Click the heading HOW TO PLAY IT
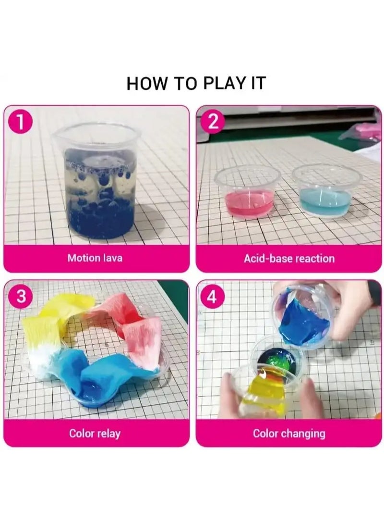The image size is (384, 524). pos(196,83)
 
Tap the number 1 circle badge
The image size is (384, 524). pos(21,123)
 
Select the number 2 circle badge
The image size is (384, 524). pos(213,122)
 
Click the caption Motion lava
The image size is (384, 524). pos(95,258)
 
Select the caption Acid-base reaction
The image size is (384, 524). pos(289,258)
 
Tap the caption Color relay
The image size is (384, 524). pos(95,434)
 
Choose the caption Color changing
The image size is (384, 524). pos(289,434)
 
